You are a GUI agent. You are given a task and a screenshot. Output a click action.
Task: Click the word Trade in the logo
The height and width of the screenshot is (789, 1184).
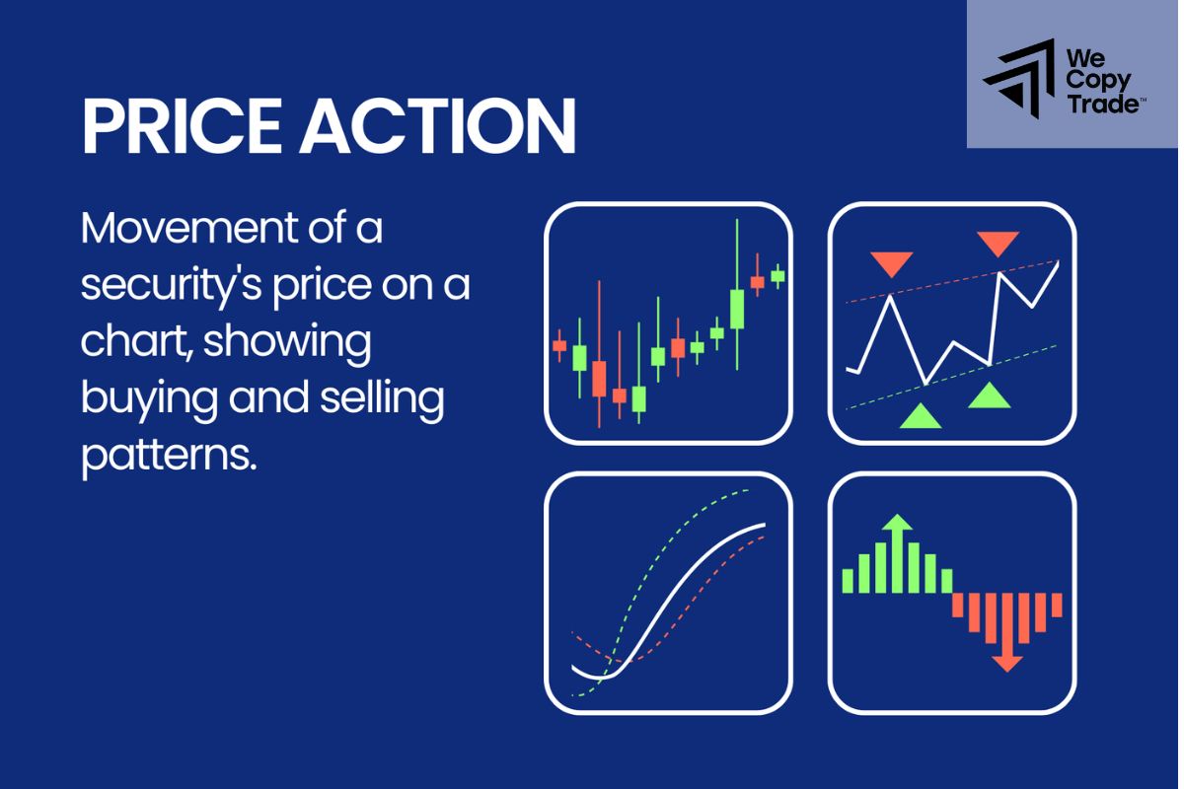pos(1101,103)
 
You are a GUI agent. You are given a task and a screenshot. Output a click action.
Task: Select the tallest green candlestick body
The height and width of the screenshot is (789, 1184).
pos(736,309)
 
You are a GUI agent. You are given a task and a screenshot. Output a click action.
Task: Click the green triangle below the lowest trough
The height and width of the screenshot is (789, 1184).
pos(921,415)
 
